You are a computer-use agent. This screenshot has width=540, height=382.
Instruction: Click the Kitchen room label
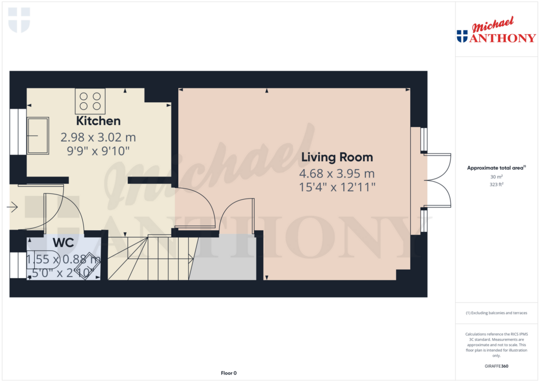tap(98, 121)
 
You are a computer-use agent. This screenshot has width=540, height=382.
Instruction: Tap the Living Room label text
tap(337, 157)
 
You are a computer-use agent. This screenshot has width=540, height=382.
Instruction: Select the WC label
tap(63, 243)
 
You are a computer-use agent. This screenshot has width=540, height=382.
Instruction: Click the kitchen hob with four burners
tap(90, 101)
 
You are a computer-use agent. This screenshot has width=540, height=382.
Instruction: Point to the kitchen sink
tap(37, 135)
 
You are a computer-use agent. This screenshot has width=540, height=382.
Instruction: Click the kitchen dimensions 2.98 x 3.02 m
tap(98, 138)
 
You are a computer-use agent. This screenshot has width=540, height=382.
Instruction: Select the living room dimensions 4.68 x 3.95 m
tap(337, 174)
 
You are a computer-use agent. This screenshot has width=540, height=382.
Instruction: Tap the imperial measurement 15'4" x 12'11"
tap(337, 187)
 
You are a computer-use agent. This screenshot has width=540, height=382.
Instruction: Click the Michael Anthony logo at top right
tap(496, 32)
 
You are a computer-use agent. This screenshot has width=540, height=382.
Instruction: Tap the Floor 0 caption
tap(228, 373)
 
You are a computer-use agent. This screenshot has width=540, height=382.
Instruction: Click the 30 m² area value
tap(496, 177)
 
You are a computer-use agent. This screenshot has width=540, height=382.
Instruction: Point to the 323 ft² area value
tap(496, 184)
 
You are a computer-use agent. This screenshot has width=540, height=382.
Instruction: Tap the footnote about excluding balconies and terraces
tap(496, 313)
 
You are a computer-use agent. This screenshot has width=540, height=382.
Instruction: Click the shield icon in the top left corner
tap(19, 19)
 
